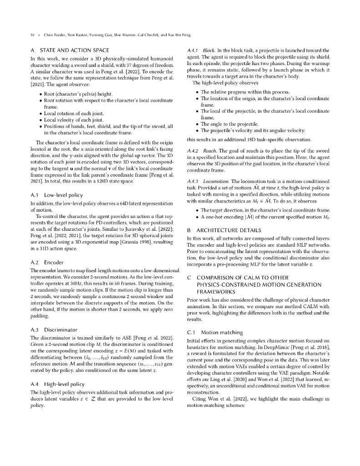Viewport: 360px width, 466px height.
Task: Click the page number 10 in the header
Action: [32, 35]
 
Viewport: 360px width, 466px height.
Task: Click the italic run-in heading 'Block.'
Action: [209, 50]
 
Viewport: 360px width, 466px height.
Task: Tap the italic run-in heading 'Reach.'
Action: [210, 151]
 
